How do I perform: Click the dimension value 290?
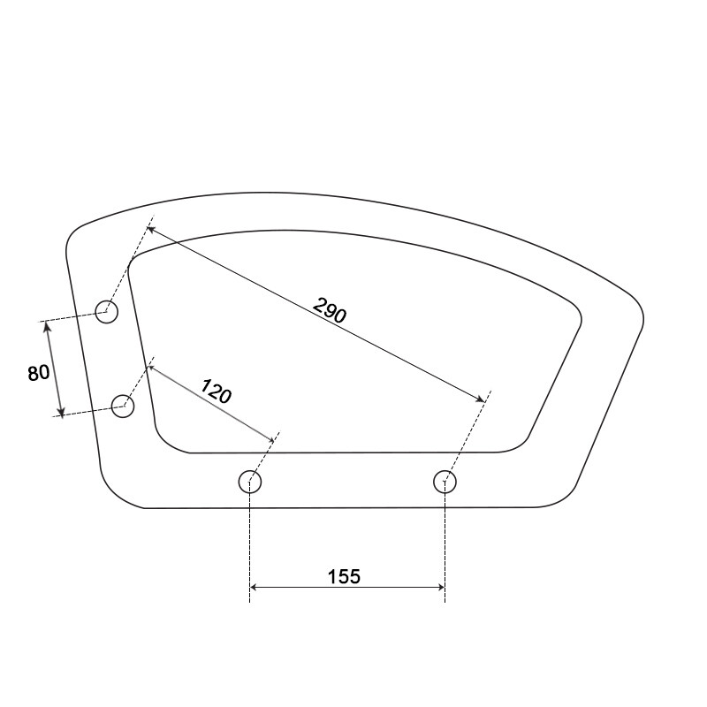pyautogui.click(x=331, y=310)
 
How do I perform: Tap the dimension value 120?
pyautogui.click(x=216, y=391)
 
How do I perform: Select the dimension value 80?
pyautogui.click(x=38, y=373)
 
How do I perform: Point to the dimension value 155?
pyautogui.click(x=344, y=576)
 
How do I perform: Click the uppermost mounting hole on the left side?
pyautogui.click(x=107, y=311)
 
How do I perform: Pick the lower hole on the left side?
pyautogui.click(x=123, y=407)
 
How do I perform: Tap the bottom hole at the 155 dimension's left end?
pyautogui.click(x=251, y=482)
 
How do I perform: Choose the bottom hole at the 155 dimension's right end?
pyautogui.click(x=445, y=482)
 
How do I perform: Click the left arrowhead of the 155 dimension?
pyautogui.click(x=255, y=587)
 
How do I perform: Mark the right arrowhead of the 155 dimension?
pyautogui.click(x=439, y=587)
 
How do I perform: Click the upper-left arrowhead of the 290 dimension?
pyautogui.click(x=151, y=229)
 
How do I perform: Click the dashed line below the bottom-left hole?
pyautogui.click(x=250, y=548)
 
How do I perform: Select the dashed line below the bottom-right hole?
pyautogui.click(x=445, y=548)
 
